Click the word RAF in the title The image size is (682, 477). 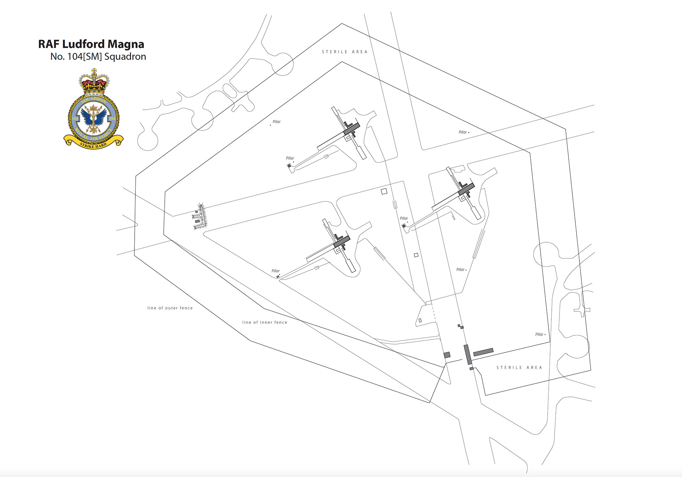point(49,44)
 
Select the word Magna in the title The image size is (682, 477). point(126,45)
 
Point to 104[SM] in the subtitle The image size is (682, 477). point(85,57)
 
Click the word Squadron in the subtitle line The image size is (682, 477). point(125,57)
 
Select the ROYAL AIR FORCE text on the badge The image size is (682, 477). point(93,137)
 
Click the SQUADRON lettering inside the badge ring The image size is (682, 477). point(94,100)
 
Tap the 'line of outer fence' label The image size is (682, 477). point(170,308)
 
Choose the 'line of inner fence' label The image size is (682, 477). point(265,322)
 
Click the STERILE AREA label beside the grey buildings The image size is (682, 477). point(519,368)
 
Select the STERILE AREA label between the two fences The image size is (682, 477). point(345,52)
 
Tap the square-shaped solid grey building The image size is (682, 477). point(447,355)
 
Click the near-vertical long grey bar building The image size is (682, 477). point(468,354)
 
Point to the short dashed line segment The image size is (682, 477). point(434,313)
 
